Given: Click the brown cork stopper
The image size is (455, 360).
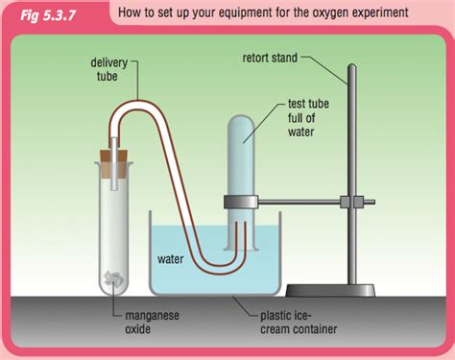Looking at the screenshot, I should (x=114, y=150).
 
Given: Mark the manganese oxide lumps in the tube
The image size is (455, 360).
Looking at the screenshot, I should (x=114, y=276).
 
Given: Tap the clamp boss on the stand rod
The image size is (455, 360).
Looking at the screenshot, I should (x=357, y=203).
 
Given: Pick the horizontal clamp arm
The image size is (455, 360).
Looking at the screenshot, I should (x=307, y=202).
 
